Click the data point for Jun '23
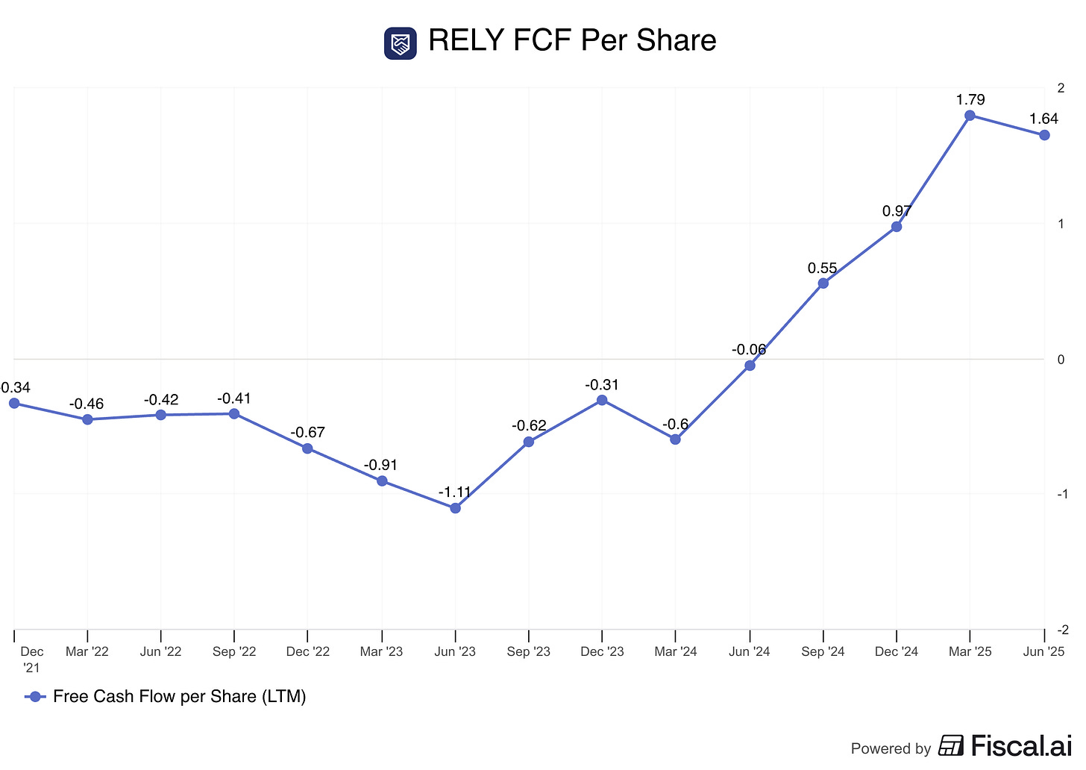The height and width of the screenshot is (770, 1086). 455,508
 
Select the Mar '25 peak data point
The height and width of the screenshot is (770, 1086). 970,116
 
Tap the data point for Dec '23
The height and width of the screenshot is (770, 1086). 602,401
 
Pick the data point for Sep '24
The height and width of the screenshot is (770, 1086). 823,284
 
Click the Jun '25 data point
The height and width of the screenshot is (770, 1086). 1044,135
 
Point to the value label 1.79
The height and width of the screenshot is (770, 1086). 970,100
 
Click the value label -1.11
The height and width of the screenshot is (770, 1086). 454,492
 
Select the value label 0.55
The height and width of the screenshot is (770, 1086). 822,269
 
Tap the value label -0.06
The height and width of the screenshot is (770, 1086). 748,350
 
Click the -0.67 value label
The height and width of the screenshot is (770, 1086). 307,433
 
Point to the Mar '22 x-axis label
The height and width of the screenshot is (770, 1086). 87,652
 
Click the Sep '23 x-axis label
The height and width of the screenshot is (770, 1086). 528,652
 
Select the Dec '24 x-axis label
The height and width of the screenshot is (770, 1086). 897,652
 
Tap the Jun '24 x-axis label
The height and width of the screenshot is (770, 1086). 749,652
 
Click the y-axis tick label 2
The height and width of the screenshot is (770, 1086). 1061,89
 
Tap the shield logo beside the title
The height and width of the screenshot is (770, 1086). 401,43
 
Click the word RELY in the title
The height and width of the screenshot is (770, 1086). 465,41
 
